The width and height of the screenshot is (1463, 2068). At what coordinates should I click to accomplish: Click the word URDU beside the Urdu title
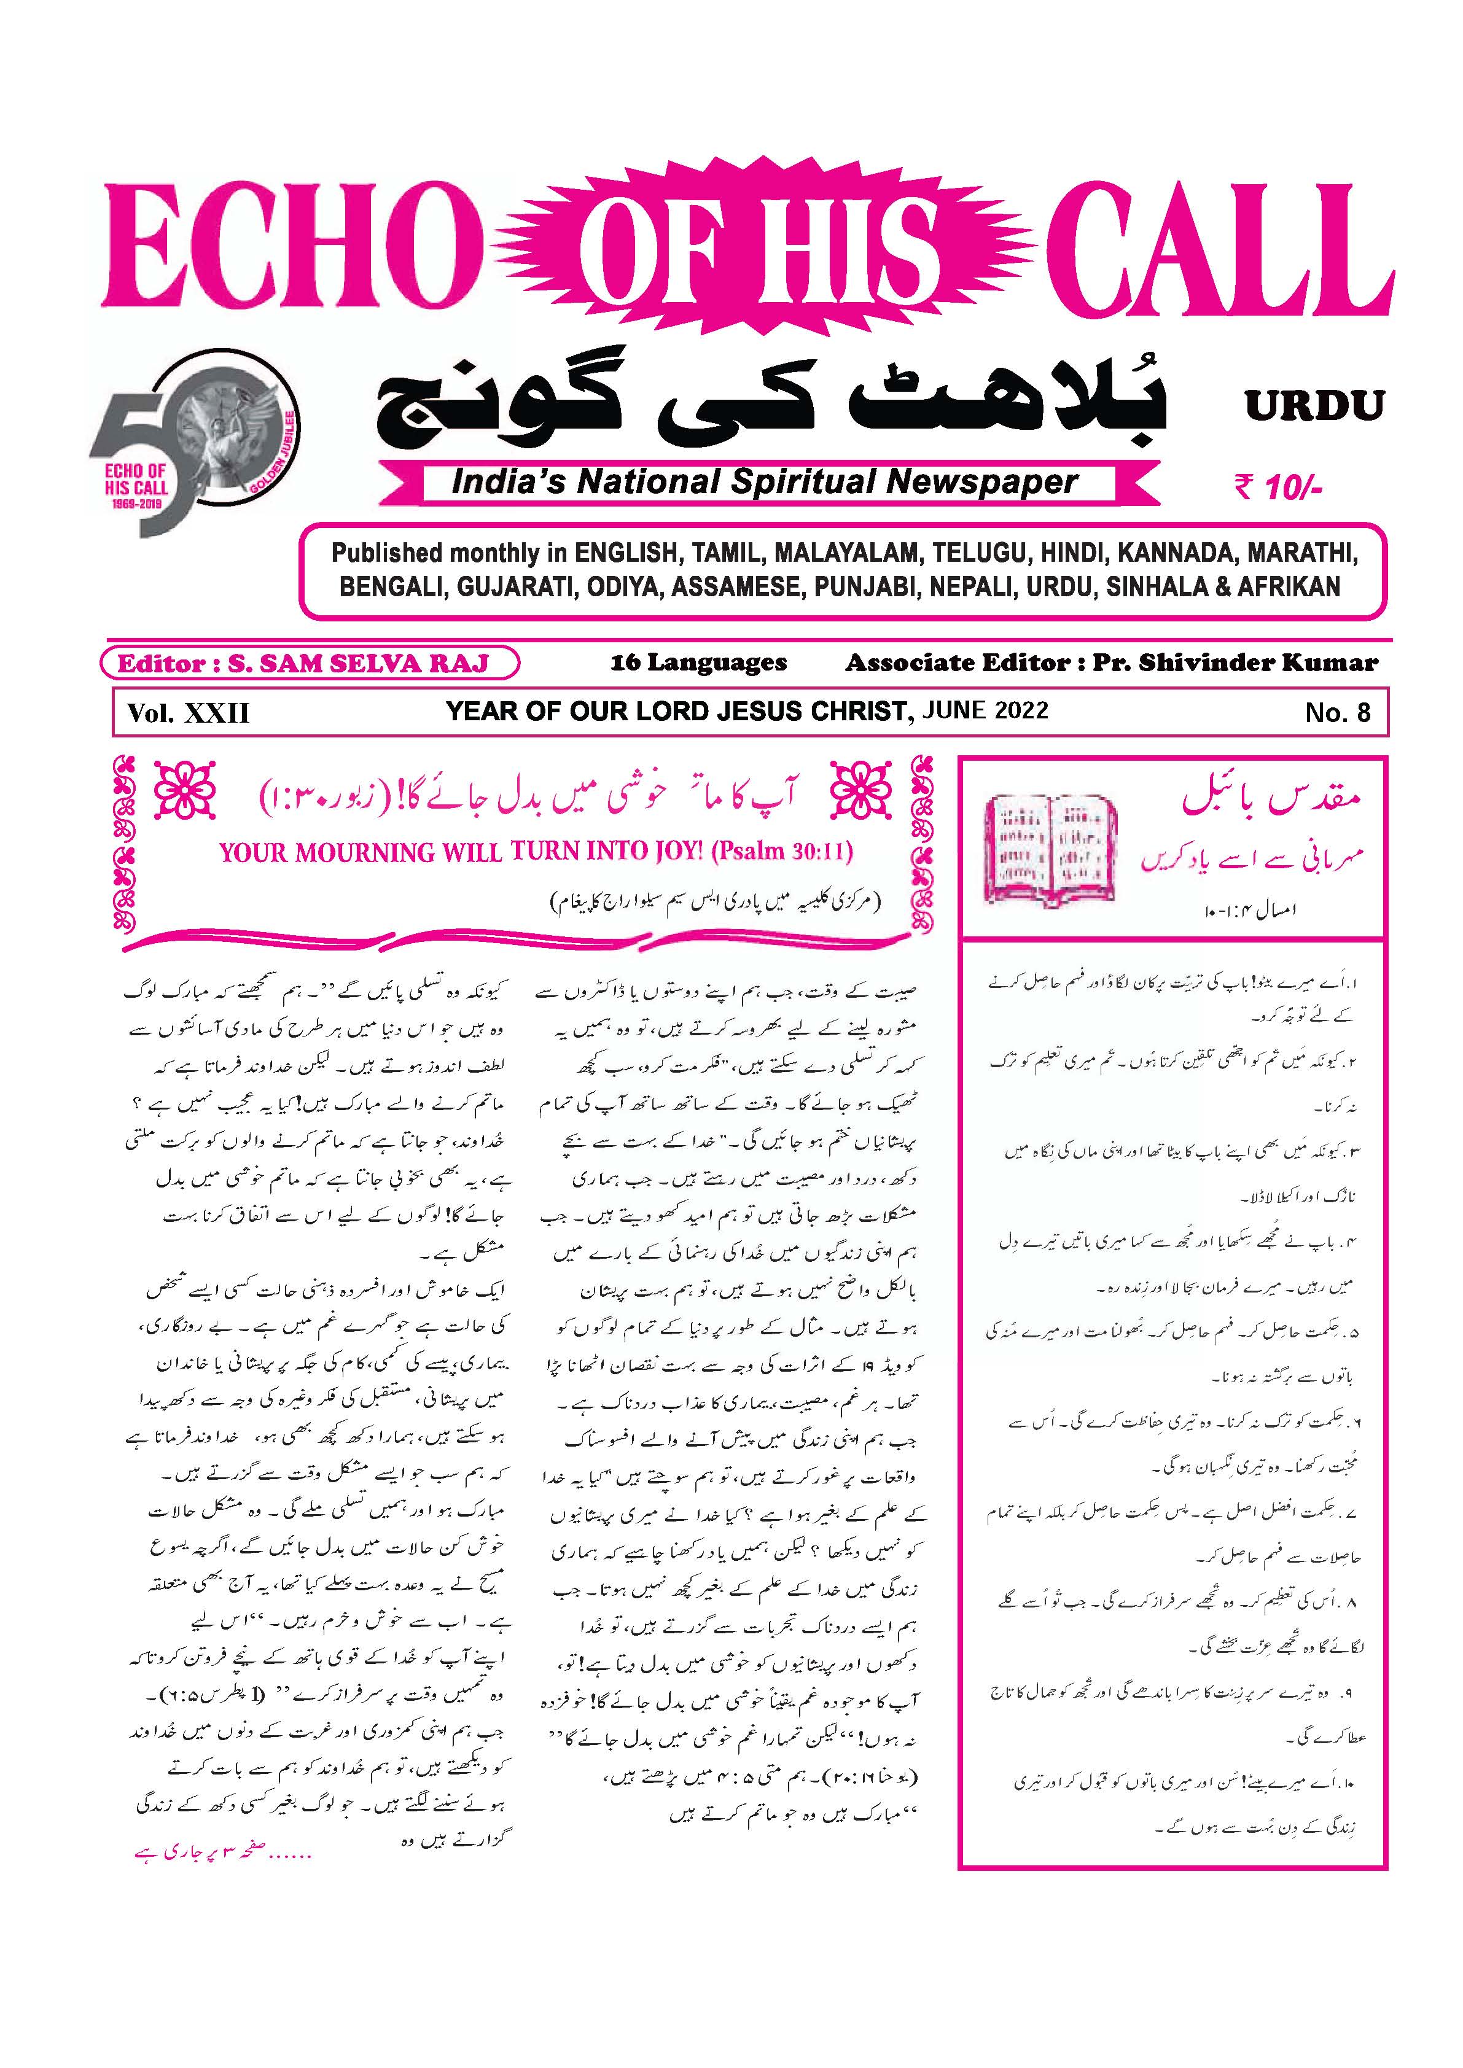coord(1314,406)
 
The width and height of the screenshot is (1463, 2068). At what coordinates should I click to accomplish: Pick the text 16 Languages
coord(698,664)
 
